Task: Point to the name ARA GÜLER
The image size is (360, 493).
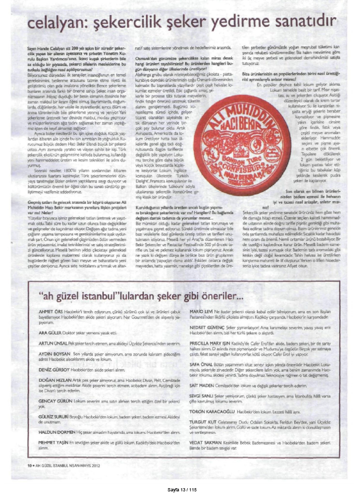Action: pyautogui.click(x=42, y=332)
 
